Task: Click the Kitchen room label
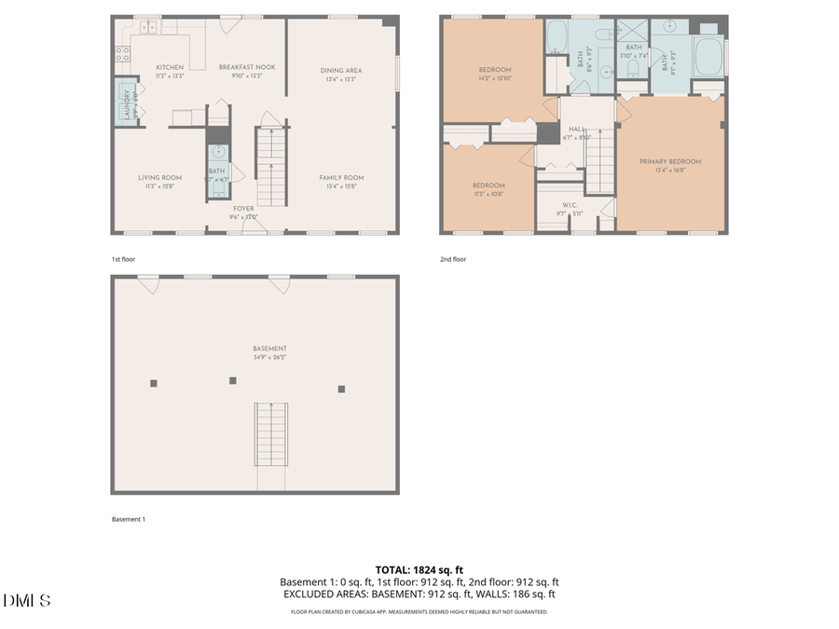[170, 67]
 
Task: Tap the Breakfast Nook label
[246, 67]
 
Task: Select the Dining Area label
[341, 70]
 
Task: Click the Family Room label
[341, 177]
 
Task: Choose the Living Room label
[159, 177]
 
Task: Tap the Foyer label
[243, 209]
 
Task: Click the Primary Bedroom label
[670, 161]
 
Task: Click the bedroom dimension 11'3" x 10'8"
[490, 194]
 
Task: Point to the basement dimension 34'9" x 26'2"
[269, 357]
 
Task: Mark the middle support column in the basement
[233, 380]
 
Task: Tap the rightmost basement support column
[341, 389]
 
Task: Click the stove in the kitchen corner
[122, 54]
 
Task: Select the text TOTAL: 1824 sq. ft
[419, 569]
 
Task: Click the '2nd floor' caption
[453, 259]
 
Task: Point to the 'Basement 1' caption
[129, 519]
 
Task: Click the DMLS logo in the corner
[28, 601]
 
